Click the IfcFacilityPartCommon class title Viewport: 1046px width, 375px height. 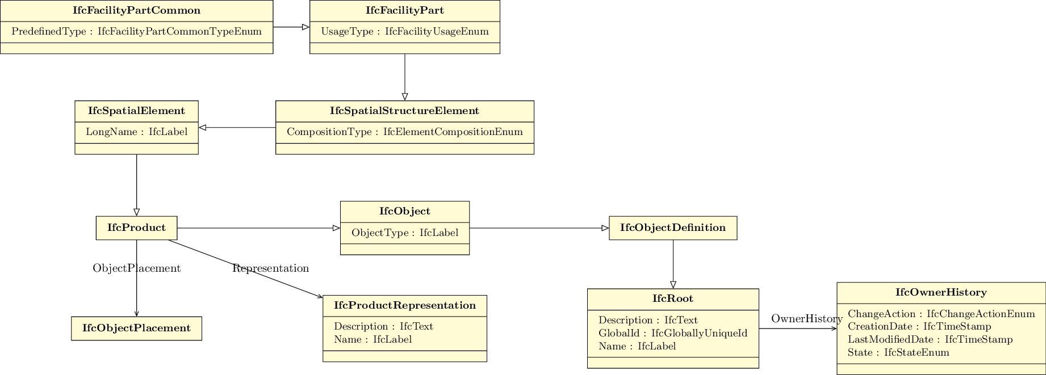[x=136, y=11]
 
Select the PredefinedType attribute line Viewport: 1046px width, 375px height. [x=136, y=32]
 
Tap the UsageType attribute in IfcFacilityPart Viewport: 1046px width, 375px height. [x=405, y=32]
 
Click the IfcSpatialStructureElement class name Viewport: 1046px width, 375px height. [x=405, y=111]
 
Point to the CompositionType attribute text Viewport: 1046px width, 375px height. [x=405, y=132]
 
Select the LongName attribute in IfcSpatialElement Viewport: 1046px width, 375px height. [x=136, y=132]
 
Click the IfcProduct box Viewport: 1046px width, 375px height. [x=136, y=228]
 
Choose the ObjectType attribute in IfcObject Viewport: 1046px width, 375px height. [x=405, y=233]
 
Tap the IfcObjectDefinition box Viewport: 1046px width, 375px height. [x=673, y=228]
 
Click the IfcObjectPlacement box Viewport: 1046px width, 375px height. [x=136, y=328]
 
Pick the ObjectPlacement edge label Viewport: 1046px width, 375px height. [x=136, y=268]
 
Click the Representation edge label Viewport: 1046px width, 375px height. [x=270, y=268]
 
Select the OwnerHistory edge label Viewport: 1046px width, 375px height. [x=806, y=319]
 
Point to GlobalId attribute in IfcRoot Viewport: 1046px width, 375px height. [x=673, y=334]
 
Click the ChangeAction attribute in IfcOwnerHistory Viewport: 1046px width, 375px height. [x=941, y=314]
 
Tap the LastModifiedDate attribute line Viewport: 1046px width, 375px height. [x=930, y=340]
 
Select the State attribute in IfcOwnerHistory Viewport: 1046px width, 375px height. [x=898, y=353]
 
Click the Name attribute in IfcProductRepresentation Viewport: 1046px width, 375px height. [x=373, y=340]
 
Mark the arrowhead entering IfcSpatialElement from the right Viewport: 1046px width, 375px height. [x=202, y=128]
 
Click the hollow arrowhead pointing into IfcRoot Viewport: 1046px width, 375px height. [x=673, y=285]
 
